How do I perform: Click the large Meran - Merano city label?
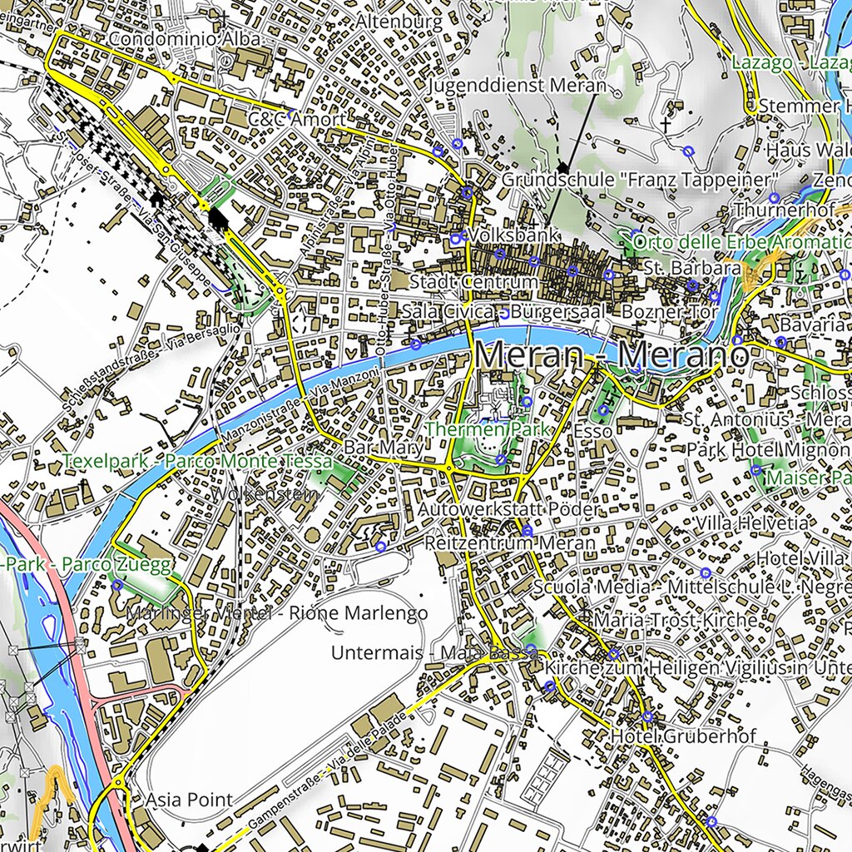point(612,356)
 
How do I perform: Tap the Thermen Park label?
point(488,430)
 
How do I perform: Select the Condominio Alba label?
point(185,39)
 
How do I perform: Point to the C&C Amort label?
point(296,120)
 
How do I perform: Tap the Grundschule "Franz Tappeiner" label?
point(640,181)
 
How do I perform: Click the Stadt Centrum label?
point(473,282)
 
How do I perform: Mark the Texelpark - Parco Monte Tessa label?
point(197,461)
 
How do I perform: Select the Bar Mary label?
point(384,448)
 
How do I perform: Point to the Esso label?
point(592,431)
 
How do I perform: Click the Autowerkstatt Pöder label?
point(508,508)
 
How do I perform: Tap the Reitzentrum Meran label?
point(509,543)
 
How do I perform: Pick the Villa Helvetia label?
point(751,523)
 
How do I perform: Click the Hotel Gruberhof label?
point(683,736)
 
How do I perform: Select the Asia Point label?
point(189,800)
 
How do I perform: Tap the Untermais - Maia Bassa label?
point(434,653)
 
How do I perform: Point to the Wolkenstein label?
point(265,494)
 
